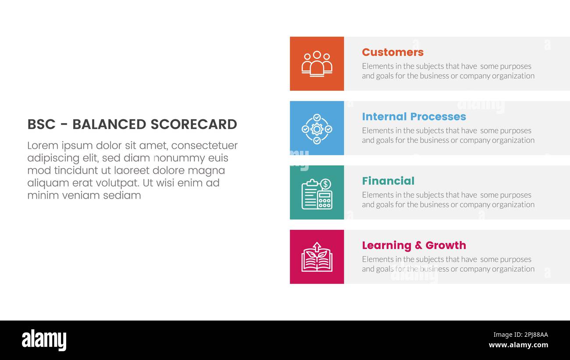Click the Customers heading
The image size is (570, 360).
[392, 52]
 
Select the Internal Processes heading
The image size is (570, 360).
[413, 117]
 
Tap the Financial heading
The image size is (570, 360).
[388, 181]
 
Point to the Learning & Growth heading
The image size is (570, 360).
[413, 245]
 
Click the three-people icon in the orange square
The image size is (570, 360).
[317, 64]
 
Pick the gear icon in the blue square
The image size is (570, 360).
[317, 128]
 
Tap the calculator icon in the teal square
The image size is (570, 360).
[324, 200]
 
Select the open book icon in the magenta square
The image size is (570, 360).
[317, 257]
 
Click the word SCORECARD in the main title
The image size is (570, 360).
[194, 125]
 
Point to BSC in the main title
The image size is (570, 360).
[41, 125]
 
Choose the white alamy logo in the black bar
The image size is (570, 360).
[44, 340]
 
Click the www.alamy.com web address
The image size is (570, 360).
[518, 345]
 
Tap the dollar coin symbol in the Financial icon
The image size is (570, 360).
[325, 184]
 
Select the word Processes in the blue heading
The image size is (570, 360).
[439, 117]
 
